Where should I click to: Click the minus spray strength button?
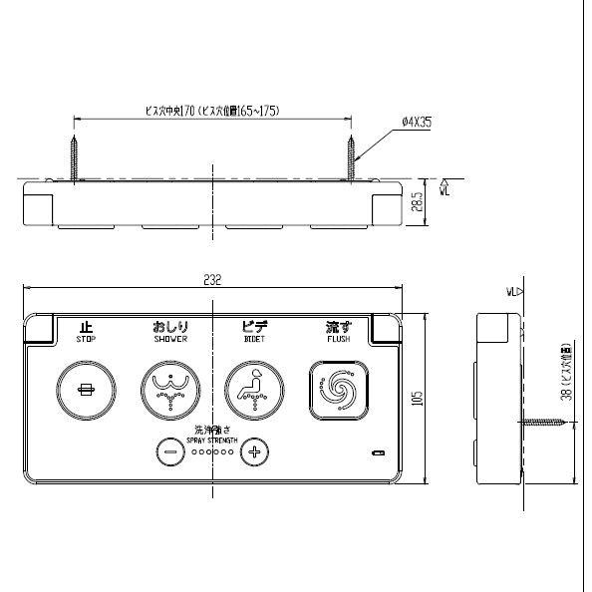[x=169, y=451]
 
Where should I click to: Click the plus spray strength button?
[x=254, y=451]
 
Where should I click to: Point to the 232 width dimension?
[x=211, y=280]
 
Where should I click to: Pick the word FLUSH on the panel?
[x=338, y=339]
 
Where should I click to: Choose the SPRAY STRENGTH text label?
[x=211, y=440]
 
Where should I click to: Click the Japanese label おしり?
[x=169, y=326]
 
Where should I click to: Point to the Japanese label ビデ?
[x=254, y=326]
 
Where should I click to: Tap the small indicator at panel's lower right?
[x=377, y=454]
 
